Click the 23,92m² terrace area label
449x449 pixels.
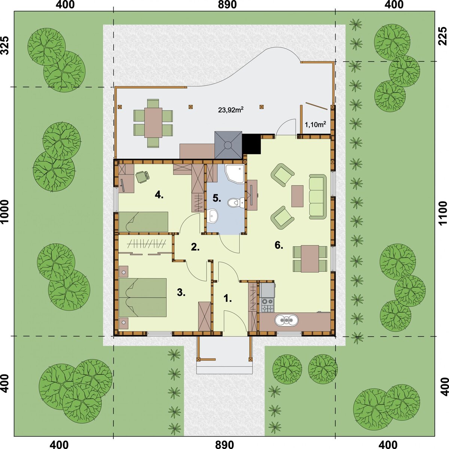tap(231, 109)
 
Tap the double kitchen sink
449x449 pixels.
tap(286, 320)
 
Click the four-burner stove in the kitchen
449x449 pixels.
tap(267, 305)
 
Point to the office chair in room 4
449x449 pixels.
tap(142, 177)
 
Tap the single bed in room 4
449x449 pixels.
tap(144, 222)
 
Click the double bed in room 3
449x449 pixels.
tap(143, 297)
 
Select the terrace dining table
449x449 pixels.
tap(153, 122)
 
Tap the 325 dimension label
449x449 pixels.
tap(6, 46)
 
